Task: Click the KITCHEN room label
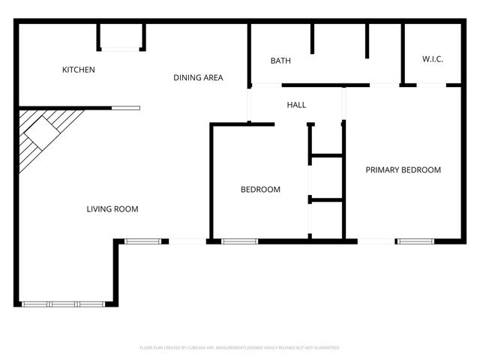tap(78, 70)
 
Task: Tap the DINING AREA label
tap(198, 77)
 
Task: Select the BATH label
tap(280, 61)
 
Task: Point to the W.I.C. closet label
tap(433, 58)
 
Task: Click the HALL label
tap(296, 105)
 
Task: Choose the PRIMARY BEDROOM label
tap(403, 170)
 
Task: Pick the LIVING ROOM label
tap(112, 209)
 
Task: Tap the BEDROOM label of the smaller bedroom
tap(260, 190)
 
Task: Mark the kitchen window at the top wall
tap(120, 49)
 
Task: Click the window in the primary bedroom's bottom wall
tap(417, 241)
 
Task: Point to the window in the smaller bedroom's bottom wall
tap(239, 241)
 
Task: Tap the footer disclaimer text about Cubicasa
tap(240, 348)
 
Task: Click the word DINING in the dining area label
tap(186, 77)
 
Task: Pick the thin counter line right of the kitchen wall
tap(125, 108)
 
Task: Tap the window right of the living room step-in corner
tap(142, 241)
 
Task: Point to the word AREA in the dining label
tap(212, 77)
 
